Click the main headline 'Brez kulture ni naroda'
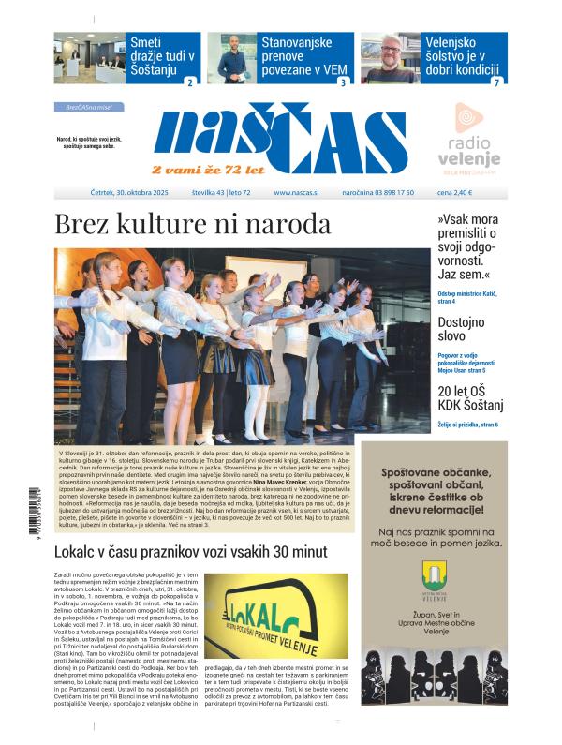(x=192, y=225)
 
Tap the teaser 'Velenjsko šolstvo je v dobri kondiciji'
(x=466, y=55)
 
